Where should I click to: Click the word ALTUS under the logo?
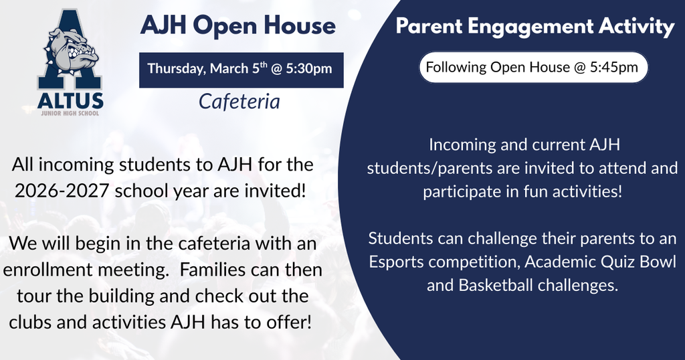pyautogui.click(x=70, y=101)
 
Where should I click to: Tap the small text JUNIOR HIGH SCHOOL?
pyautogui.click(x=70, y=113)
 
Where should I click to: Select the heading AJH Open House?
pyautogui.click(x=237, y=26)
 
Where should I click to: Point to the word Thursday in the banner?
pyautogui.click(x=176, y=69)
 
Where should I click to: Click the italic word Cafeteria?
pyautogui.click(x=239, y=101)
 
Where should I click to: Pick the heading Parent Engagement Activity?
pyautogui.click(x=534, y=27)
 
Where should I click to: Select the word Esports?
pyautogui.click(x=399, y=262)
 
